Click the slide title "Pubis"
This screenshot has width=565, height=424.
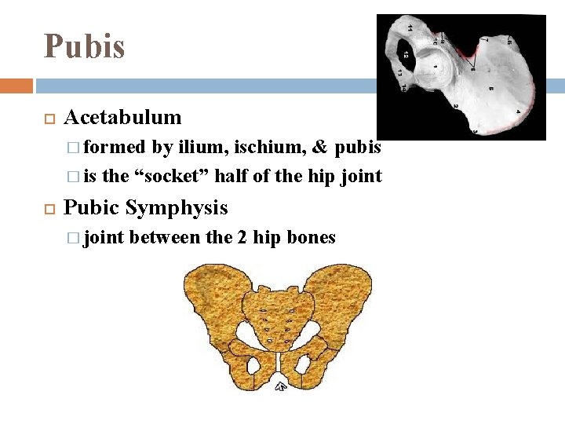[85, 46]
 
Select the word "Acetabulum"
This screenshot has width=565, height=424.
[122, 118]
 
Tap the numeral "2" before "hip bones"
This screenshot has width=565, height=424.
[241, 237]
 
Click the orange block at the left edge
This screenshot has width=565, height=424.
[16, 86]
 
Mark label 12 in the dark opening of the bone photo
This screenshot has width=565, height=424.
[406, 57]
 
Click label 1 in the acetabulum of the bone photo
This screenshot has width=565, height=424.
[436, 68]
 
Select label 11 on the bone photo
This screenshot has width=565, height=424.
[409, 28]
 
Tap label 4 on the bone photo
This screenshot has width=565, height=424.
[517, 112]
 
